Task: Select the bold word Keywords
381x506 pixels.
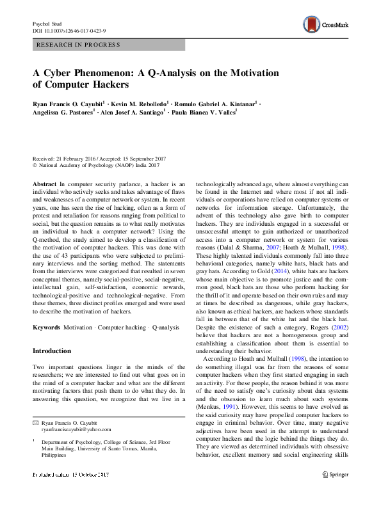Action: pos(46,327)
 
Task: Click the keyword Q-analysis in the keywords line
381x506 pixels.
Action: pos(166,327)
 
